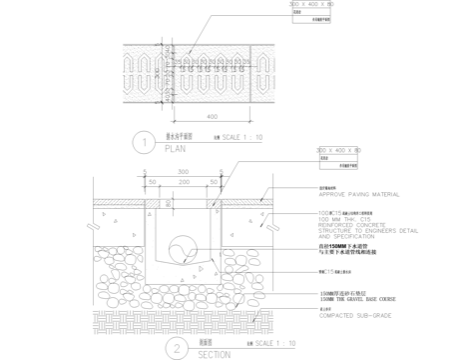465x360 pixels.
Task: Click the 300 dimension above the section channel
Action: point(183,172)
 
